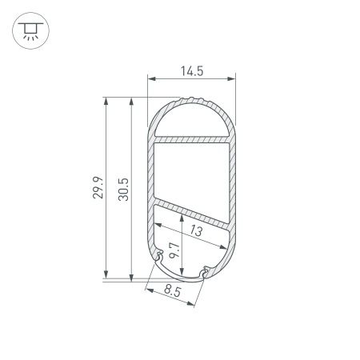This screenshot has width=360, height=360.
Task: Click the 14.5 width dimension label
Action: pos(191,70)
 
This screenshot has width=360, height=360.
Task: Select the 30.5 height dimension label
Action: pos(123,189)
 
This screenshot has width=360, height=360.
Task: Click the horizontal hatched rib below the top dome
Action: pos(191,139)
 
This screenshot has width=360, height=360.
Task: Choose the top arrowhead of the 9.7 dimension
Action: pos(185,215)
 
